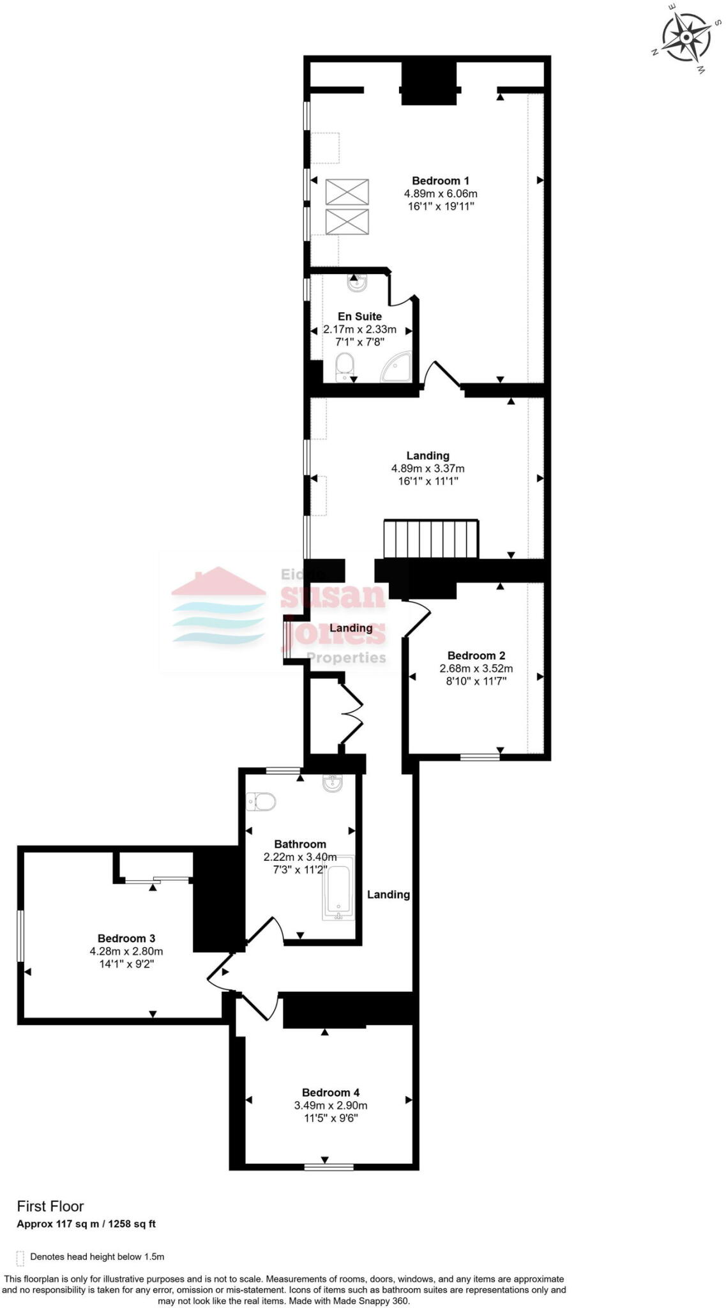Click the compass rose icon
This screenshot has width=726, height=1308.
click(686, 38)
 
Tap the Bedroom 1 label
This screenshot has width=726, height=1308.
click(440, 181)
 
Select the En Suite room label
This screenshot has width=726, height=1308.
click(359, 316)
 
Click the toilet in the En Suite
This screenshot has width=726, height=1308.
click(345, 367)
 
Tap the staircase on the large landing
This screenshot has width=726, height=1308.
click(431, 540)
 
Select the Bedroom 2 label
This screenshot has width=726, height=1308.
click(476, 655)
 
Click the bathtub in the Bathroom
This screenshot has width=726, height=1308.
click(338, 888)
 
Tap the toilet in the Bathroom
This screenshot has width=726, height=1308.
click(261, 801)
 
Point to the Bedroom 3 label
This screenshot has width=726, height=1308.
click(126, 938)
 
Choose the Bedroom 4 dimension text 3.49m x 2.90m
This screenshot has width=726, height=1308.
click(330, 1106)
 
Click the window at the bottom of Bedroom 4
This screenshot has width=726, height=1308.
click(328, 1167)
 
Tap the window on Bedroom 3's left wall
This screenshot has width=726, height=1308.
click(20, 936)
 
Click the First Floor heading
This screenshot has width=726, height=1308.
click(50, 1206)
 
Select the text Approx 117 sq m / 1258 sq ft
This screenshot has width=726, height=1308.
click(86, 1224)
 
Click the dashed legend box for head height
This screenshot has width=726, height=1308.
click(20, 1258)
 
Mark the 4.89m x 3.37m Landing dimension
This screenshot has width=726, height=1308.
click(428, 468)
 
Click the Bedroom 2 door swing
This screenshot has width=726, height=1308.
click(418, 618)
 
